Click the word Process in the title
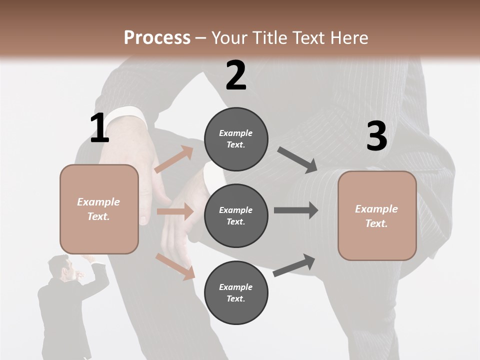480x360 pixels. pyautogui.click(x=157, y=38)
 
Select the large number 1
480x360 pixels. pyautogui.click(x=99, y=128)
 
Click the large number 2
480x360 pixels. pyautogui.click(x=236, y=75)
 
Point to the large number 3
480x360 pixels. pyautogui.click(x=376, y=136)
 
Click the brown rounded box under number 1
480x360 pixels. pyautogui.click(x=99, y=209)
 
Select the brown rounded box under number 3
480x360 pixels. pyautogui.click(x=377, y=216)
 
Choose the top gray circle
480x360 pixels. pyautogui.click(x=236, y=139)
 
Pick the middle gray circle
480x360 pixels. pyautogui.click(x=236, y=215)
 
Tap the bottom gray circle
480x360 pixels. pyautogui.click(x=236, y=292)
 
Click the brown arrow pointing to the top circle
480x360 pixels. pyautogui.click(x=174, y=159)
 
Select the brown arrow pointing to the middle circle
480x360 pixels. pyautogui.click(x=175, y=212)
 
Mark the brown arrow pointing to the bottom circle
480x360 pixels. pyautogui.click(x=175, y=265)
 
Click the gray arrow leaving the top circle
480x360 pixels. pyautogui.click(x=297, y=160)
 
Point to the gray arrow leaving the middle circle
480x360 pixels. pyautogui.click(x=295, y=210)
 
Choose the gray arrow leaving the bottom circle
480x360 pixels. pyautogui.click(x=294, y=265)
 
